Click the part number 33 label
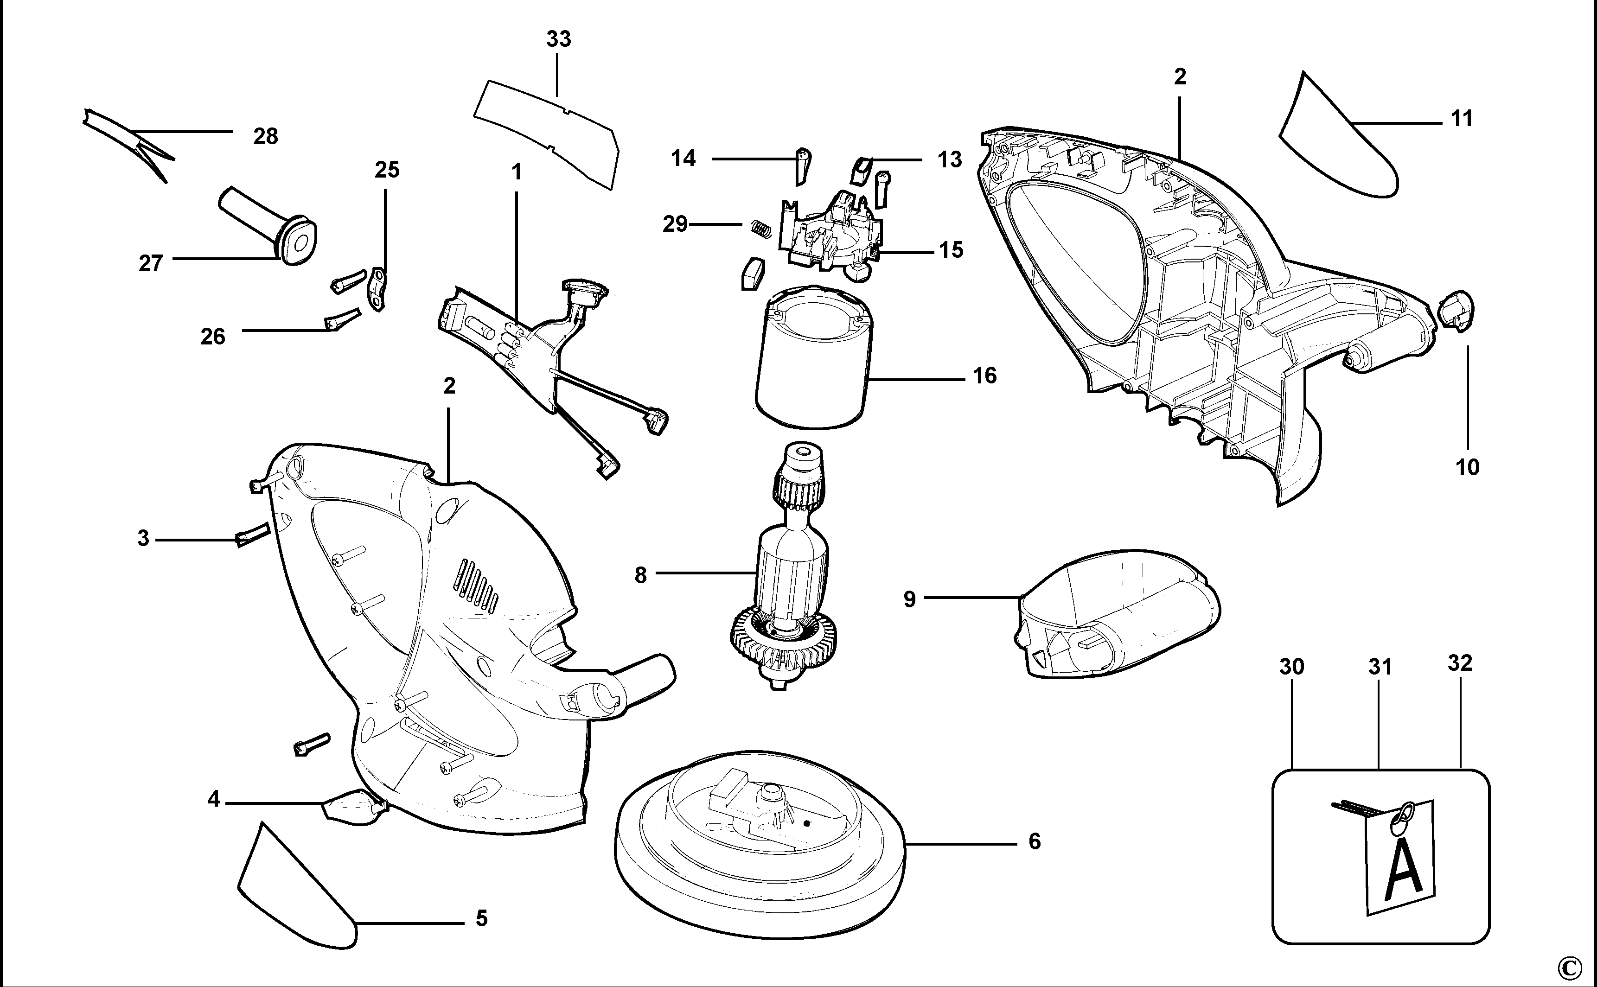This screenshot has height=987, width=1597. (x=558, y=39)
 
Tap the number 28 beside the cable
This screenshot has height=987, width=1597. (x=266, y=136)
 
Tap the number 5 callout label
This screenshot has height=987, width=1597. (x=481, y=918)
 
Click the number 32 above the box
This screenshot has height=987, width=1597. (x=1460, y=663)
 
